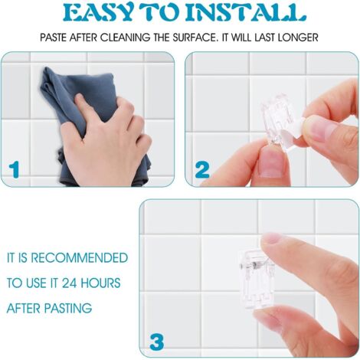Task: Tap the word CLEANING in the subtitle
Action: point(125,38)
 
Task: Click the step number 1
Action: point(14,169)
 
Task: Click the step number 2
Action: point(202,169)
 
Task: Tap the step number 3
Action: point(157,342)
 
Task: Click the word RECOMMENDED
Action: point(79,258)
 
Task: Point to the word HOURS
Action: point(100,283)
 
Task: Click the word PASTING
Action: point(68,308)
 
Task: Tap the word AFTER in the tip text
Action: point(24,308)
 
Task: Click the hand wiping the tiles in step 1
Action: point(107,143)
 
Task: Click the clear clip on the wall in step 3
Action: point(257,281)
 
